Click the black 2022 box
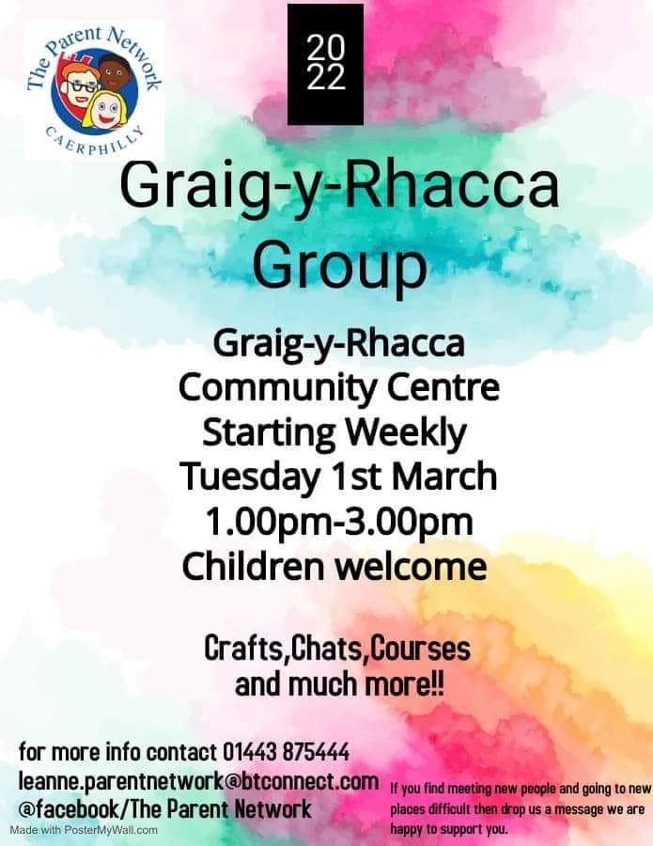[325, 64]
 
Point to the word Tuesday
[249, 477]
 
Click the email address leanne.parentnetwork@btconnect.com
[198, 781]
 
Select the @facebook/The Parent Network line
[164, 808]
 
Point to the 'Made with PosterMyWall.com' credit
[85, 830]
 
